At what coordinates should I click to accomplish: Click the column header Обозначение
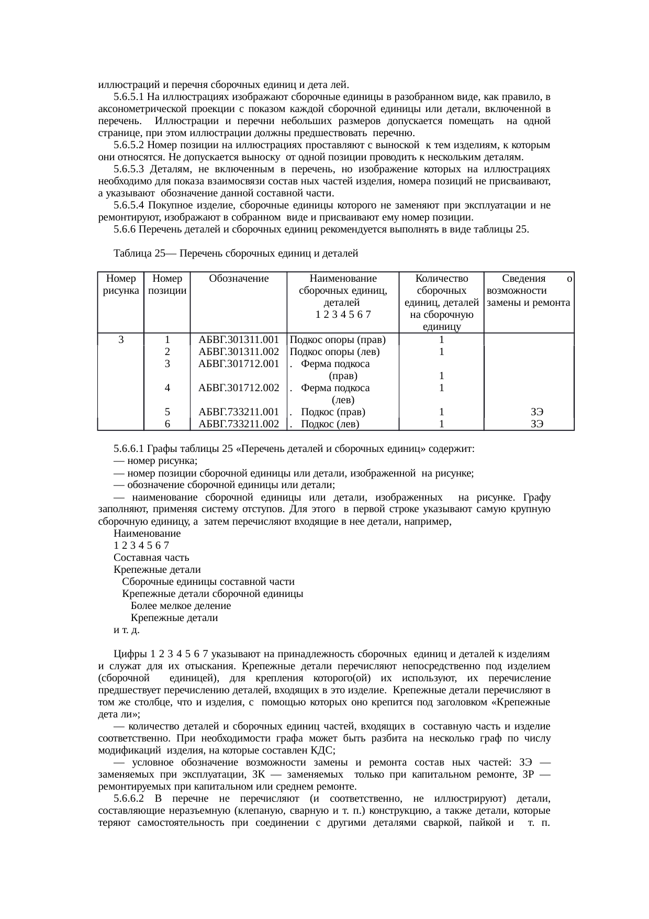(239, 279)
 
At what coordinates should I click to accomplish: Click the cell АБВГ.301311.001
(239, 340)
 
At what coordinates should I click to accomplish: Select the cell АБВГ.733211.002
(239, 424)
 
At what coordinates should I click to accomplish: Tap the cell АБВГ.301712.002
(239, 388)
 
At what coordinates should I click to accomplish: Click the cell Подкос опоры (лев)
(334, 352)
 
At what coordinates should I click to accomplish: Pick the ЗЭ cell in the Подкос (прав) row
(536, 412)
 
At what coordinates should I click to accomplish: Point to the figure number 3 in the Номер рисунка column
(121, 340)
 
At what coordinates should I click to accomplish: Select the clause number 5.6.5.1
(129, 97)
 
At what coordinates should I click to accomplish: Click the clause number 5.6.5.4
(129, 205)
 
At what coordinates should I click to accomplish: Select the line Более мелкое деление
(181, 606)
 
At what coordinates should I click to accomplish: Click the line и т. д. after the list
(126, 630)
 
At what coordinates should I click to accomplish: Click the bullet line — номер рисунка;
(155, 461)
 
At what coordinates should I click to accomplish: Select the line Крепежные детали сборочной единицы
(212, 594)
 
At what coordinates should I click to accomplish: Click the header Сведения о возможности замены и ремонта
(529, 291)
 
